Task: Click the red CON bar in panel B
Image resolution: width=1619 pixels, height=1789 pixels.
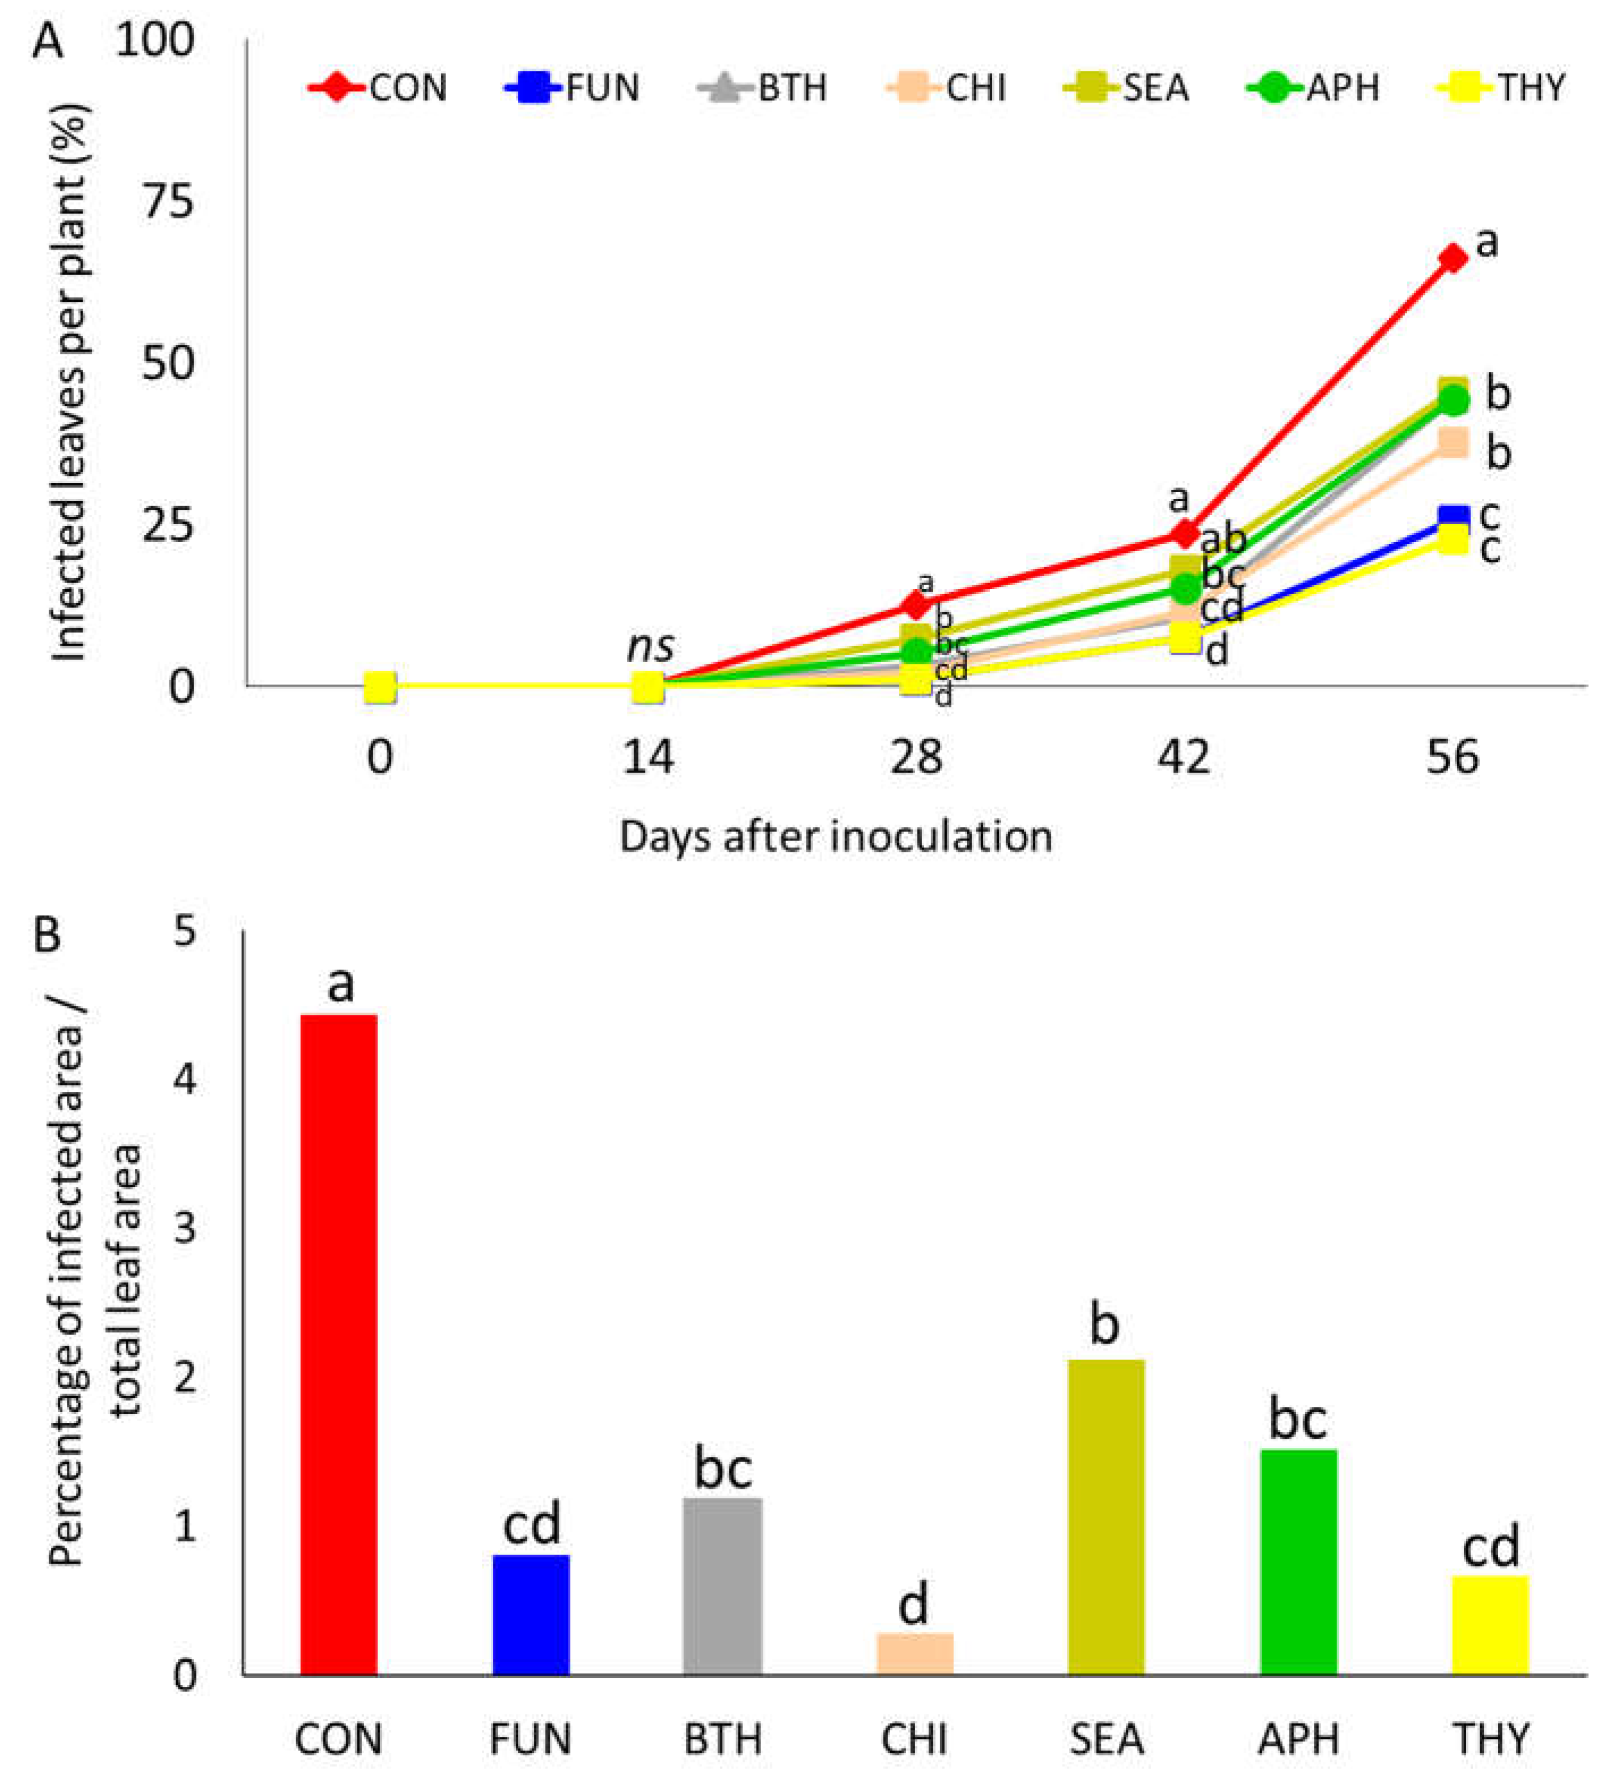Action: [x=339, y=1344]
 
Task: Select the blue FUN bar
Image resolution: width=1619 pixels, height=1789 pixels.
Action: [x=531, y=1615]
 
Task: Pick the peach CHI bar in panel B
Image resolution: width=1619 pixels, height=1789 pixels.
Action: [x=915, y=1654]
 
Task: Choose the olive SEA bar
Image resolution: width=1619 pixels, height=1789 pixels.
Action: [x=1107, y=1518]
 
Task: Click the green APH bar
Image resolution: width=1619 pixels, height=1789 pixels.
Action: [x=1298, y=1562]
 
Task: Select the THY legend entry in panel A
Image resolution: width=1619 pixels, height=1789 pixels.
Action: [x=1500, y=88]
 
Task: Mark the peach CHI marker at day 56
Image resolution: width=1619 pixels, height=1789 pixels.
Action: [x=1452, y=442]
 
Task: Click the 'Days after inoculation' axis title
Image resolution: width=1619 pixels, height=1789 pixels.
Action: [x=835, y=837]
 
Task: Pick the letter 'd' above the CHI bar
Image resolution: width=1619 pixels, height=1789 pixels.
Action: [x=914, y=1604]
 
